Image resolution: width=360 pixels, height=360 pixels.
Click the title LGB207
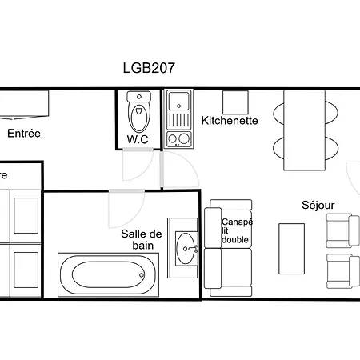point(149,68)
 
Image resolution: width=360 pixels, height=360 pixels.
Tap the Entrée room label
point(24,134)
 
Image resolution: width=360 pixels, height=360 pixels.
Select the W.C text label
point(138,138)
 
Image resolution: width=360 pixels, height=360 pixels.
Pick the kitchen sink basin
point(177,102)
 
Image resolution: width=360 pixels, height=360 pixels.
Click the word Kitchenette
point(230,121)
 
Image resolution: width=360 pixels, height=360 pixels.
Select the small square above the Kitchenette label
point(235,102)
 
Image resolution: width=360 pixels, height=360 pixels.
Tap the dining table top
point(305,129)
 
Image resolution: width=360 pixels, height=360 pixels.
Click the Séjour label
point(318,205)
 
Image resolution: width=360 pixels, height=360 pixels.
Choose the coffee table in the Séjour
point(291,250)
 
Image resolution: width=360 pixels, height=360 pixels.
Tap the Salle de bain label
point(142,239)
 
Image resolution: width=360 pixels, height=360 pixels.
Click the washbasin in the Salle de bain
point(188,248)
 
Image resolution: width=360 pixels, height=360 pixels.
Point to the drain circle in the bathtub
point(142,274)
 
